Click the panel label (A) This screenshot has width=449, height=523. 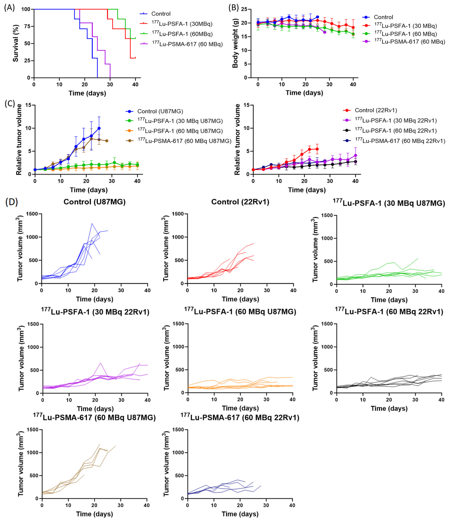point(10,8)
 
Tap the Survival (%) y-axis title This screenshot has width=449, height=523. point(16,43)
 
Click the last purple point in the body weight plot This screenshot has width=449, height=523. point(324,32)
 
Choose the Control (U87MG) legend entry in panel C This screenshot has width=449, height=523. point(154,111)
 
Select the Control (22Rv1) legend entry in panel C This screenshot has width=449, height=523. point(370,110)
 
